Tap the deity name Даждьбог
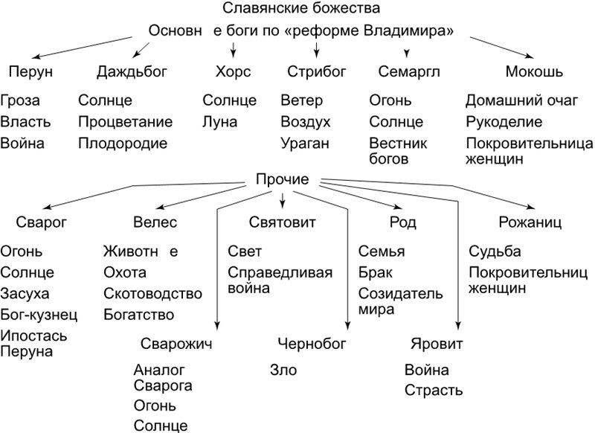pyautogui.click(x=132, y=72)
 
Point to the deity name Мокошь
pyautogui.click(x=533, y=72)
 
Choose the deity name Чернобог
pyautogui.click(x=312, y=344)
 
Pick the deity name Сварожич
pyautogui.click(x=177, y=344)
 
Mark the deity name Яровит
pyautogui.click(x=437, y=344)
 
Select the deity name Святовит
pyautogui.click(x=283, y=222)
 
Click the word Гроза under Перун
pyautogui.click(x=21, y=100)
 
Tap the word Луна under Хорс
pyautogui.click(x=220, y=122)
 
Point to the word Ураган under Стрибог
pyautogui.click(x=304, y=144)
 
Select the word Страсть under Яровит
pyautogui.click(x=434, y=390)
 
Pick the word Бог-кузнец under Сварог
pyautogui.click(x=39, y=314)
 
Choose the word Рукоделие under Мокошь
pyautogui.click(x=502, y=122)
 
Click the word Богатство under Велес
pyautogui.click(x=139, y=314)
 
